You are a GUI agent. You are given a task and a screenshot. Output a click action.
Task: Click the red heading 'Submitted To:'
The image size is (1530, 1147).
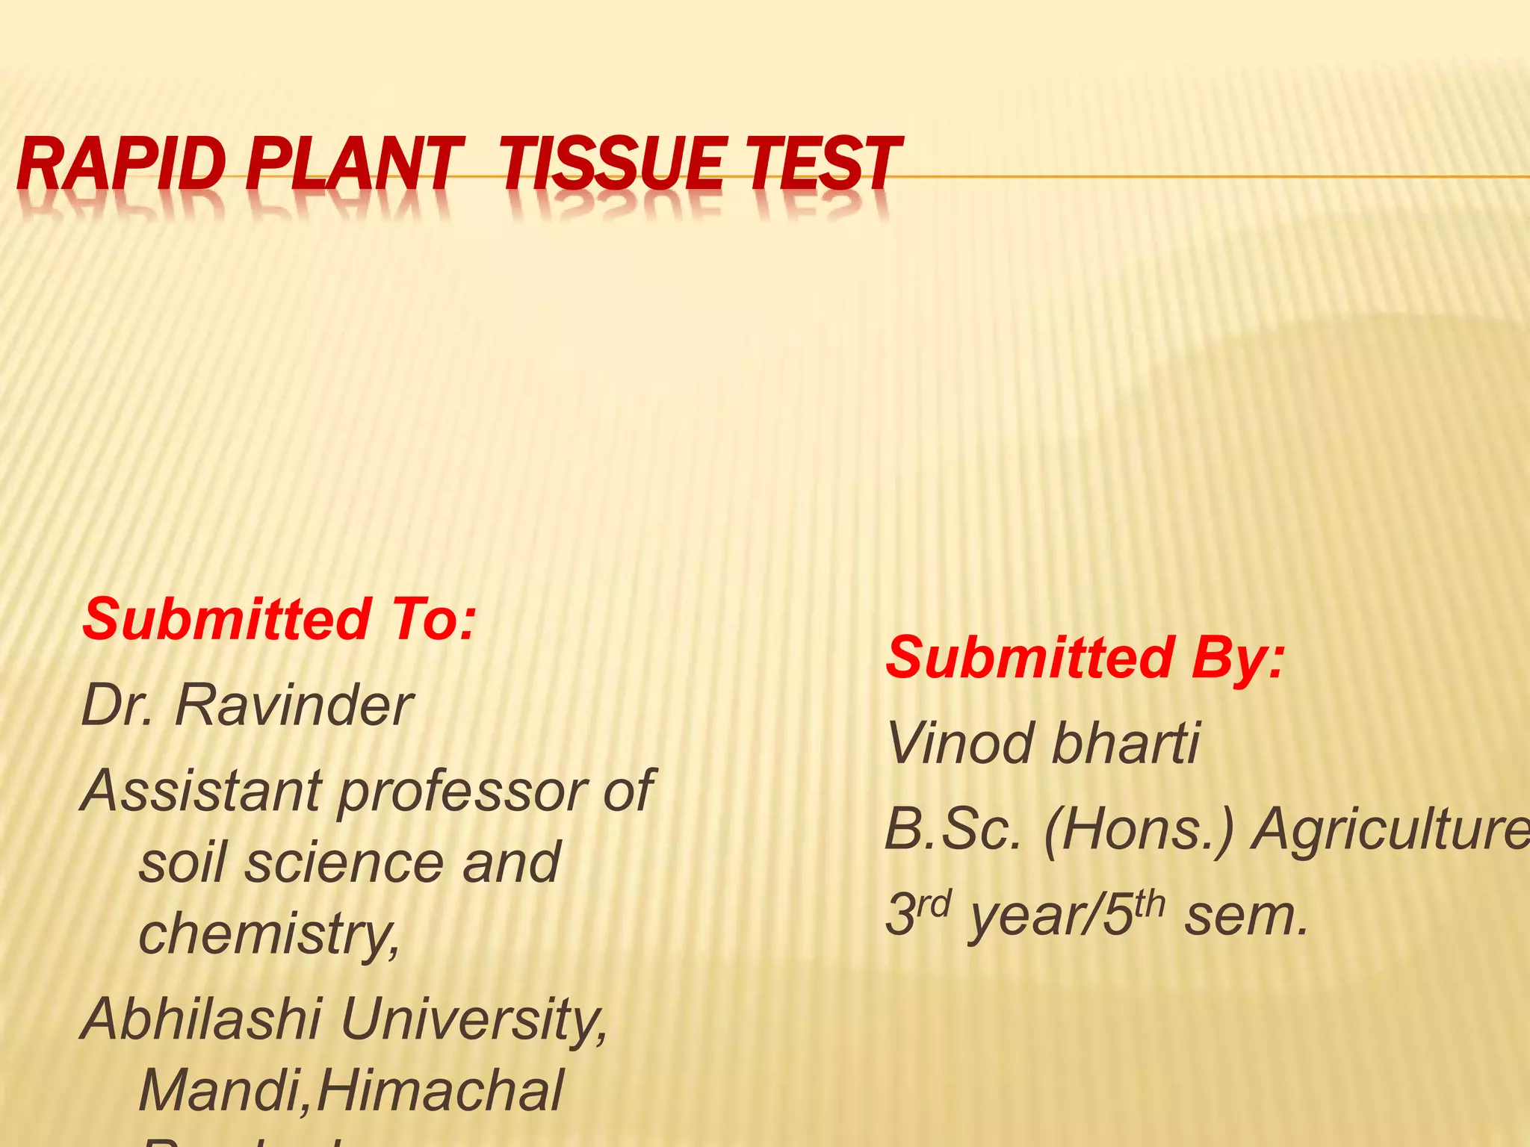coord(278,619)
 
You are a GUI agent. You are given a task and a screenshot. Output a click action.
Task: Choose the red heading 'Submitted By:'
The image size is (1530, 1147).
coord(1085,657)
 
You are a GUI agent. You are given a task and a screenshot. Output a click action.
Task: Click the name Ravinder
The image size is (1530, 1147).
coord(293,705)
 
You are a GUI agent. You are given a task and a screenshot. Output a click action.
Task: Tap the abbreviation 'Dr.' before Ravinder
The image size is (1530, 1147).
coord(117,705)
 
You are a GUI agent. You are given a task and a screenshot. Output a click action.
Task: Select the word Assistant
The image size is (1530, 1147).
coord(202,790)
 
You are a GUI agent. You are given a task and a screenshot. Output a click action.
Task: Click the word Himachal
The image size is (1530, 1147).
coord(441,1090)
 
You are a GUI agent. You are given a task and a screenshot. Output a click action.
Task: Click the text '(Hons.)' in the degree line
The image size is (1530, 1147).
coord(1139,830)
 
